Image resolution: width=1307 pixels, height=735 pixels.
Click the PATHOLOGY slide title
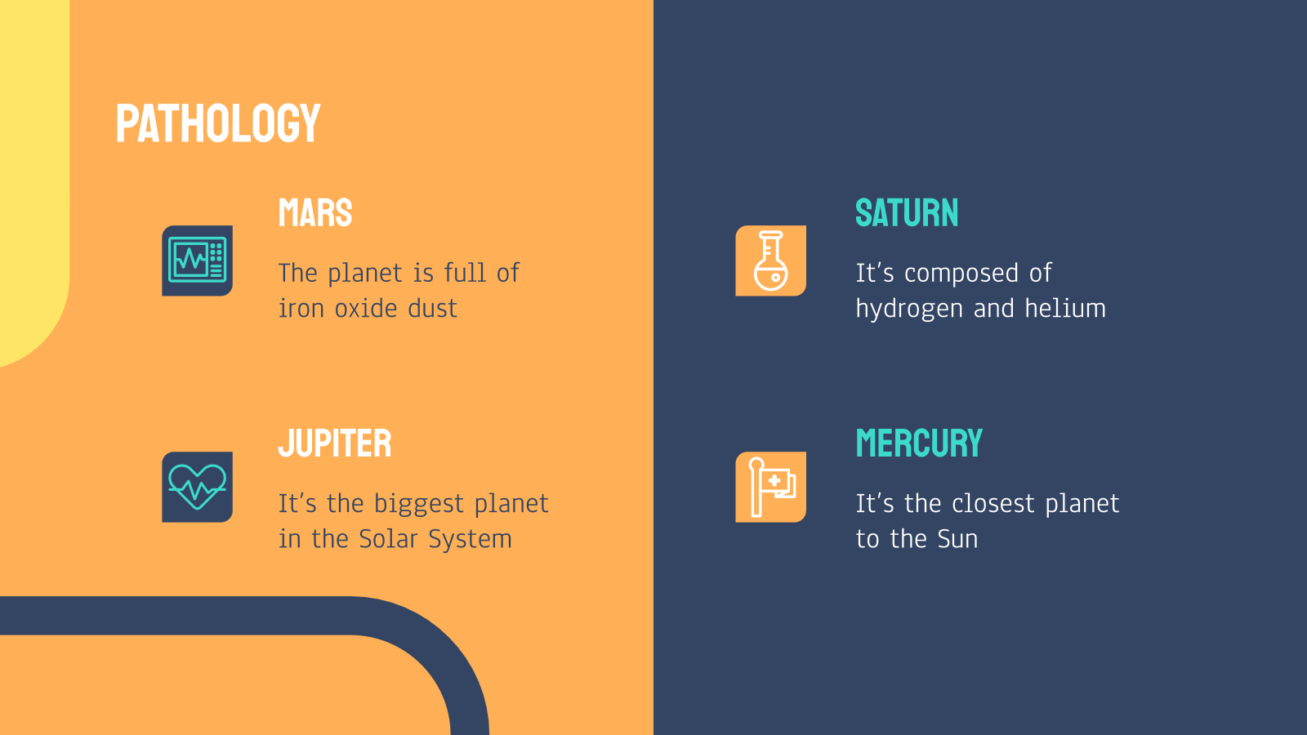(218, 123)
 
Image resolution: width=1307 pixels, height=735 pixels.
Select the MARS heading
(315, 213)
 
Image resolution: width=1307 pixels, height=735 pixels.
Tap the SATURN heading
(907, 213)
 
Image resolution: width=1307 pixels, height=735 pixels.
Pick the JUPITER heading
(334, 443)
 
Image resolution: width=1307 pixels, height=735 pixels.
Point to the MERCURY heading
(919, 443)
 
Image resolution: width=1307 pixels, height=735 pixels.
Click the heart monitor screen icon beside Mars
(197, 261)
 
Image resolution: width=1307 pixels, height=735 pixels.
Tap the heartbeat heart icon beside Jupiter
(197, 487)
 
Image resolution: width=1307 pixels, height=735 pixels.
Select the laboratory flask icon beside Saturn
(771, 261)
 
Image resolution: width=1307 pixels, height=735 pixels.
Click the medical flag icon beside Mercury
(771, 487)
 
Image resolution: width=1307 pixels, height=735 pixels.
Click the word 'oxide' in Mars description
(366, 308)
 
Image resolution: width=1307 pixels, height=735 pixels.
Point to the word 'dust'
(432, 308)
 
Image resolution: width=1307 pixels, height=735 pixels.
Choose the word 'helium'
(1065, 308)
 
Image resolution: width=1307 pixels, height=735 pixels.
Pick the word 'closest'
(993, 503)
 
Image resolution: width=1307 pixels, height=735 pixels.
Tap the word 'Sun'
(957, 538)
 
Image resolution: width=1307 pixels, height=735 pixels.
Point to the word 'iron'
(301, 308)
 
